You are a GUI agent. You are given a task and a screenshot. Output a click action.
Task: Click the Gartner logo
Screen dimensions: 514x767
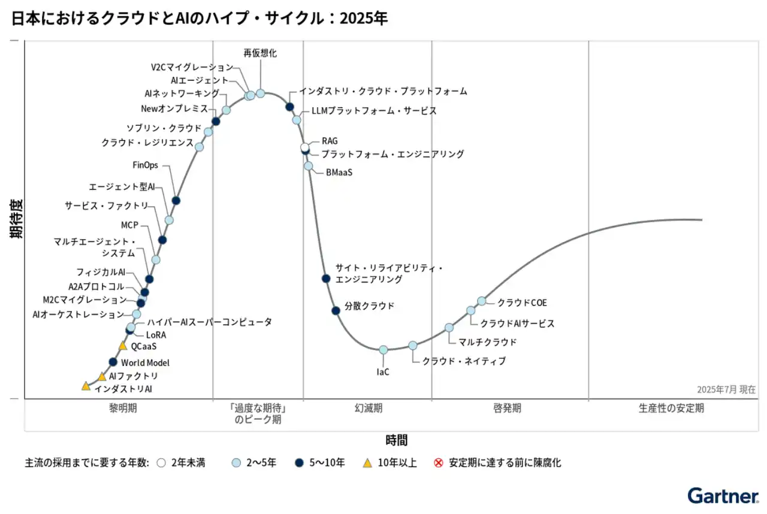click(722, 496)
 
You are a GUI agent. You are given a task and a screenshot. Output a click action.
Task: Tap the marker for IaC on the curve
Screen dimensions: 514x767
click(383, 350)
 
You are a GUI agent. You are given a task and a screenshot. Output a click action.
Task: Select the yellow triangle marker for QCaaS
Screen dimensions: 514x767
click(123, 346)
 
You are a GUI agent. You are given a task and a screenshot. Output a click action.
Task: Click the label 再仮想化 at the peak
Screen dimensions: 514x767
click(260, 53)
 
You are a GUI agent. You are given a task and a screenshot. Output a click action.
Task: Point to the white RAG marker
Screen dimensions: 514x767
click(305, 147)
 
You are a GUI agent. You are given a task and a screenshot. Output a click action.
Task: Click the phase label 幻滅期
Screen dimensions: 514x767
click(368, 409)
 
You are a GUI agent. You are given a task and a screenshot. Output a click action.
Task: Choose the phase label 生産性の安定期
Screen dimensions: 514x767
click(671, 409)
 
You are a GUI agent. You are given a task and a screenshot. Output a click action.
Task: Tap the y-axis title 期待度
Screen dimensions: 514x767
click(16, 219)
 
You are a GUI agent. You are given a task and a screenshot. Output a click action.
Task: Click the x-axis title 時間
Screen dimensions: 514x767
click(396, 440)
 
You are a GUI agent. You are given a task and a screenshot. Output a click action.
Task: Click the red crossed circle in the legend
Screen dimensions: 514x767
click(438, 462)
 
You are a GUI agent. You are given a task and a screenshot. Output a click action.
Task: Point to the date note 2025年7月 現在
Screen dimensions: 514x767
click(726, 389)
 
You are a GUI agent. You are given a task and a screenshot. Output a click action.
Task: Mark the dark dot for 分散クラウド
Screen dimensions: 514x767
click(336, 310)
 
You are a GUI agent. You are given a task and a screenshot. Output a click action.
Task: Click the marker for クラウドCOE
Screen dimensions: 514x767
click(481, 301)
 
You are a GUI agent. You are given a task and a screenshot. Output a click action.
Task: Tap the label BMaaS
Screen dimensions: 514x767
click(339, 173)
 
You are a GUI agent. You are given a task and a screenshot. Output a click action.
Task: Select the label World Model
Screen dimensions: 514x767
click(145, 362)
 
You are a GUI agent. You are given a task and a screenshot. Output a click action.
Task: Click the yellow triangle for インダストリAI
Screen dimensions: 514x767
click(86, 386)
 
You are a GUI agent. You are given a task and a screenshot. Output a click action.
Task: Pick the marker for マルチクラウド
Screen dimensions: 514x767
click(449, 328)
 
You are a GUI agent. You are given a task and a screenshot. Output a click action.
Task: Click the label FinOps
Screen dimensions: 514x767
click(145, 165)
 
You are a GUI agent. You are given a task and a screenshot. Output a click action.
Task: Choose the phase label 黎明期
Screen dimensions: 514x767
click(122, 409)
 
